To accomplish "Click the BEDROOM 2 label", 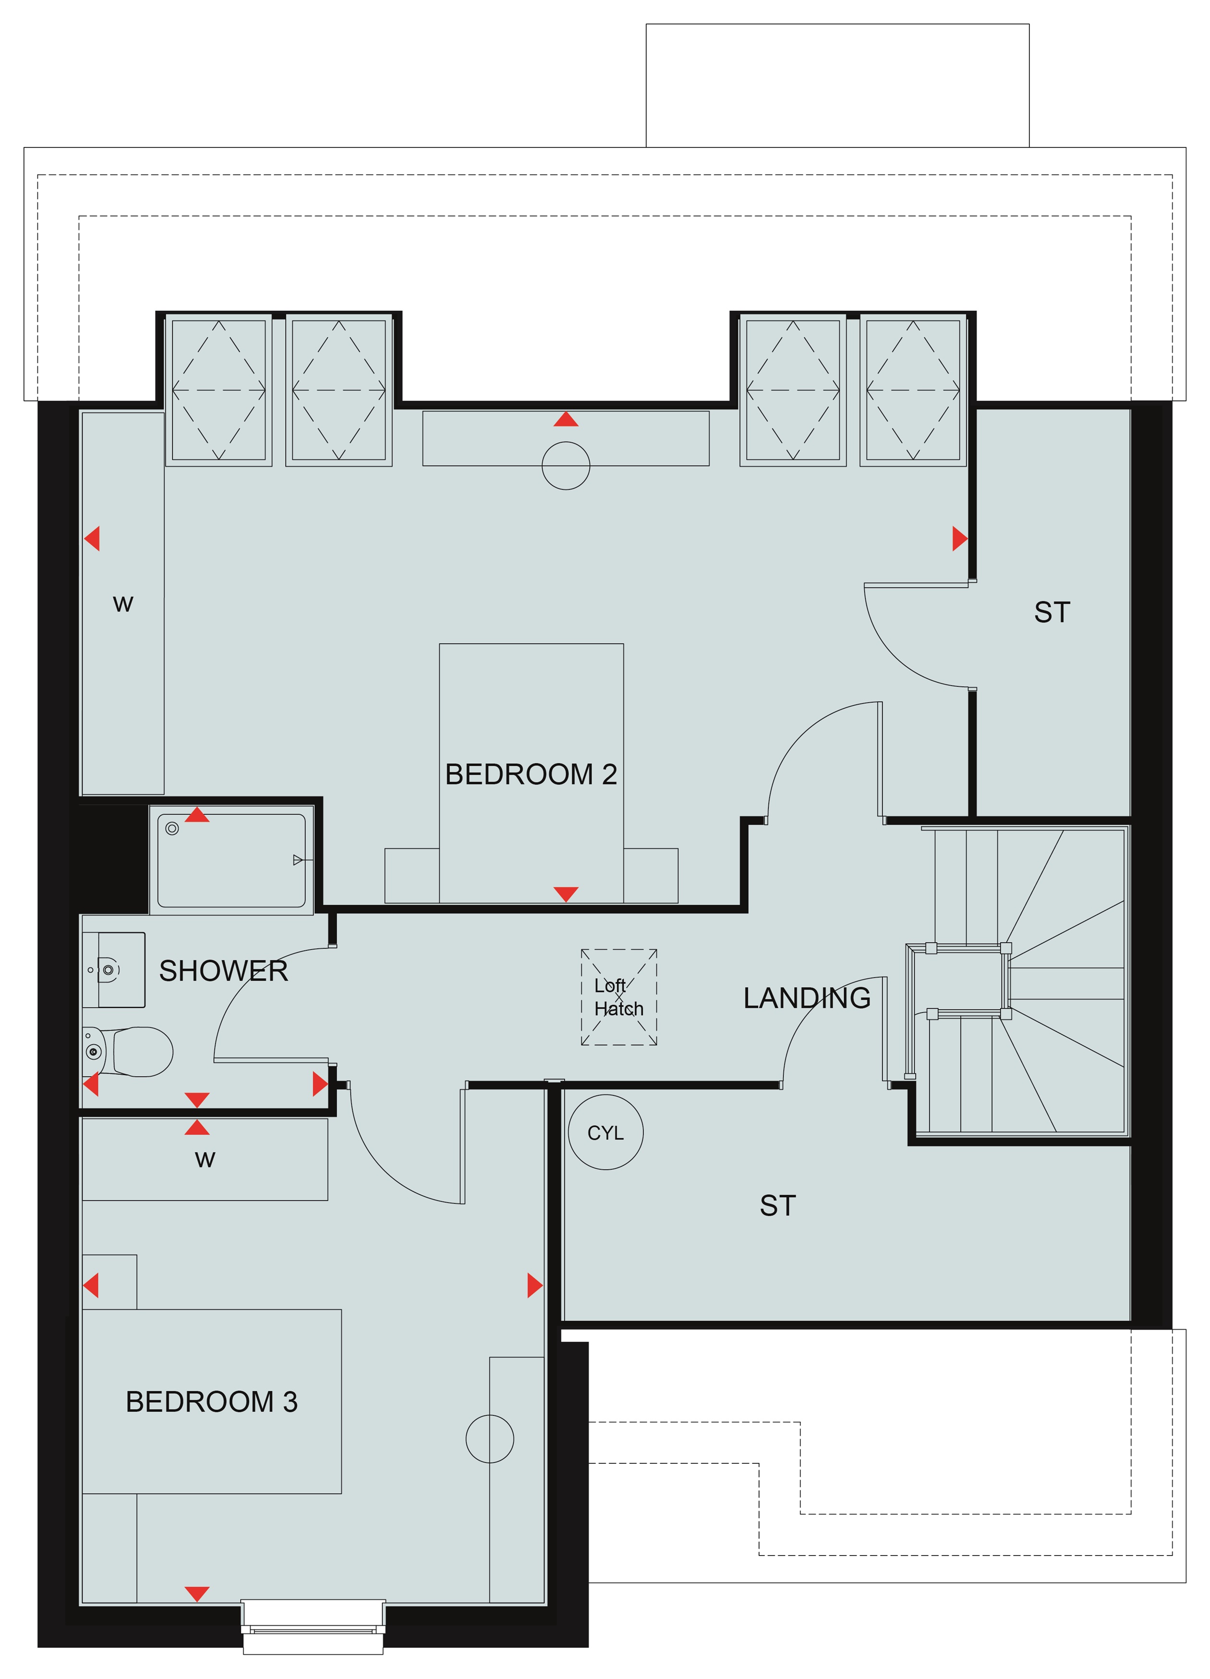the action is [x=531, y=774].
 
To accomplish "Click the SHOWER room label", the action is [x=223, y=970].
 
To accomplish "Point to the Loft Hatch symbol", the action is [x=619, y=997].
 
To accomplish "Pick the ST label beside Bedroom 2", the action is [x=1052, y=612].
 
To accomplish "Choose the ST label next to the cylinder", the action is [x=777, y=1206].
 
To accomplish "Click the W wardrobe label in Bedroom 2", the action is [x=123, y=604].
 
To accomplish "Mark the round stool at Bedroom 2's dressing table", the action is [x=566, y=466].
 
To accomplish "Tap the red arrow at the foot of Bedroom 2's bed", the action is [x=566, y=895].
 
